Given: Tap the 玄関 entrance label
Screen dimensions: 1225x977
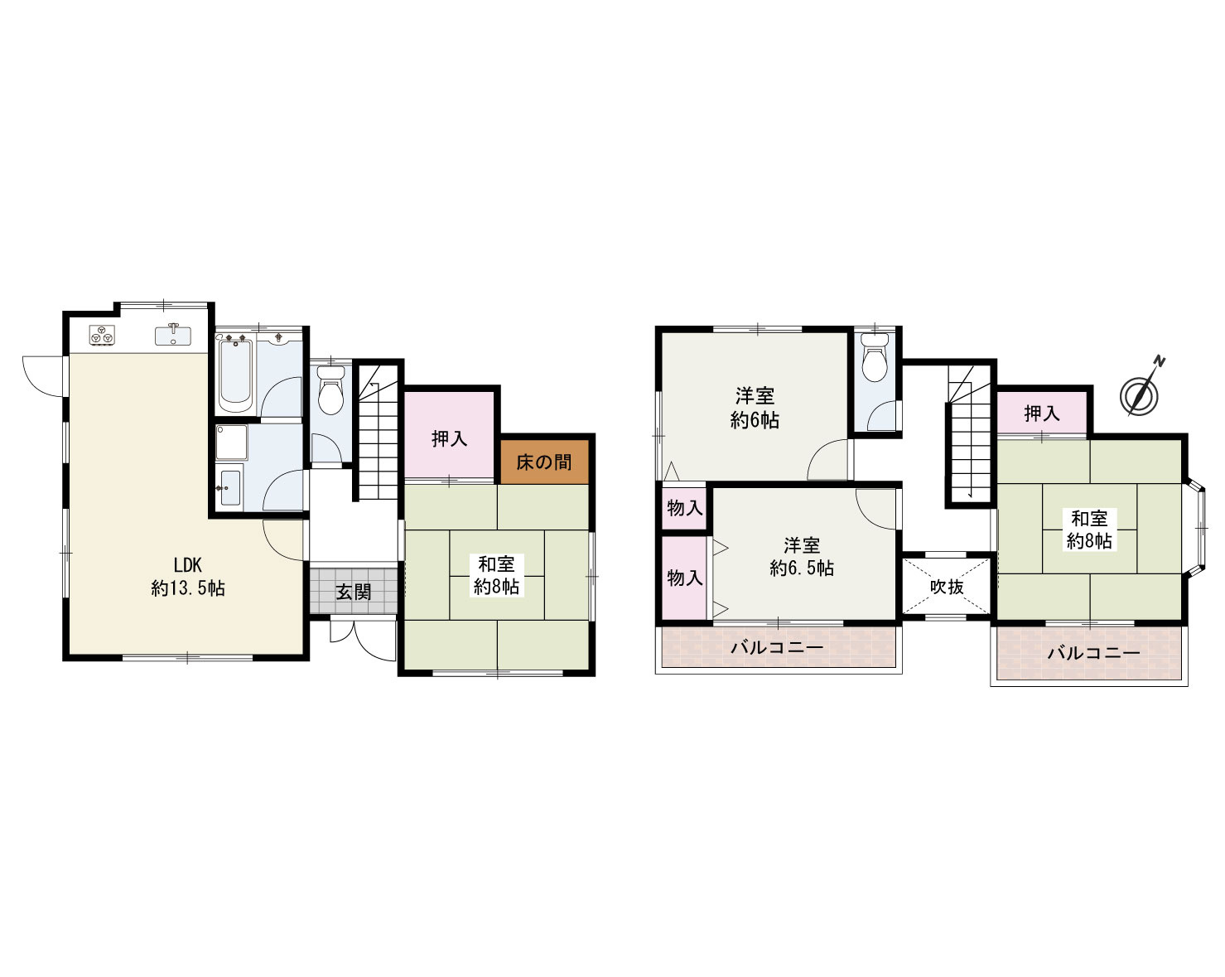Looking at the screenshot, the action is click(x=354, y=592).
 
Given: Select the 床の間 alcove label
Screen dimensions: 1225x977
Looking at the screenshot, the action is click(x=543, y=462).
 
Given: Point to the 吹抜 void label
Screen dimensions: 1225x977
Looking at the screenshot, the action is click(x=947, y=586).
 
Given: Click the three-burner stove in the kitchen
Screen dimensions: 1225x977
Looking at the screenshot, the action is click(x=102, y=335).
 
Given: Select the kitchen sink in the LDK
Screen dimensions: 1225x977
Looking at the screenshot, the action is click(x=173, y=335).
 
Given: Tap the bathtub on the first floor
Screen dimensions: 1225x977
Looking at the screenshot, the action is click(x=235, y=373).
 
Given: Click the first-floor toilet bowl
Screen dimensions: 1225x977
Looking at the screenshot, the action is click(x=330, y=389).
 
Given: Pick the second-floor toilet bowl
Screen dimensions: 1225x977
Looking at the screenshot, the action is click(x=875, y=357).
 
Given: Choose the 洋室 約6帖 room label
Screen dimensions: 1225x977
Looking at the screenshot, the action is click(x=755, y=408).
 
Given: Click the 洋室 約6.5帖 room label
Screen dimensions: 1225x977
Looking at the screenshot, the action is click(x=802, y=557).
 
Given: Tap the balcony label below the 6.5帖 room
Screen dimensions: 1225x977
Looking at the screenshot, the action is click(x=777, y=648).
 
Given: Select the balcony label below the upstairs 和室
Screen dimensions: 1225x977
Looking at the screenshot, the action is click(x=1093, y=653).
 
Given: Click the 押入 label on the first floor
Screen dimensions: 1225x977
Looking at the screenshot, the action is click(x=450, y=438).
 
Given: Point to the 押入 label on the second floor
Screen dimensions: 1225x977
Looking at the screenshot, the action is click(x=1042, y=414).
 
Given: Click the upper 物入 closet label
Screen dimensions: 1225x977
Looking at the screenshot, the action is click(x=685, y=508).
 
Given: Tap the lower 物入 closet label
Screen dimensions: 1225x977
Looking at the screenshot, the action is click(x=685, y=578).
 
